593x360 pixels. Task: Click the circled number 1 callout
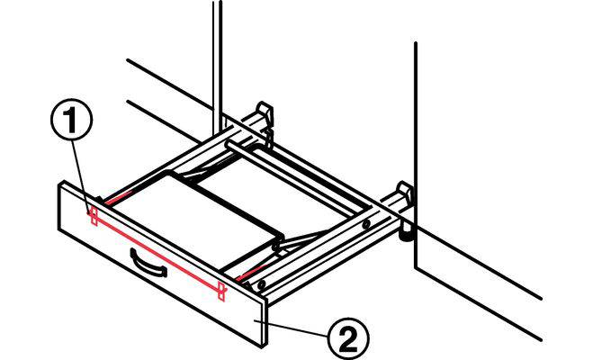pos(71,120)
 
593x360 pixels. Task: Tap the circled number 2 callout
pos(348,338)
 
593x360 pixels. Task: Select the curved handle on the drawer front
pos(148,263)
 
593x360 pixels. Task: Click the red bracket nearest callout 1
pos(94,217)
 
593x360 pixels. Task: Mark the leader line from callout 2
pos(292,328)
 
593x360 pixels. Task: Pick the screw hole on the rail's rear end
pos(365,225)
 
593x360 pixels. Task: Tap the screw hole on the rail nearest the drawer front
pos(260,284)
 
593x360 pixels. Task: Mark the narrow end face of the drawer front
pos(265,322)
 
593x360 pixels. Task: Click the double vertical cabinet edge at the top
pos(217,67)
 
